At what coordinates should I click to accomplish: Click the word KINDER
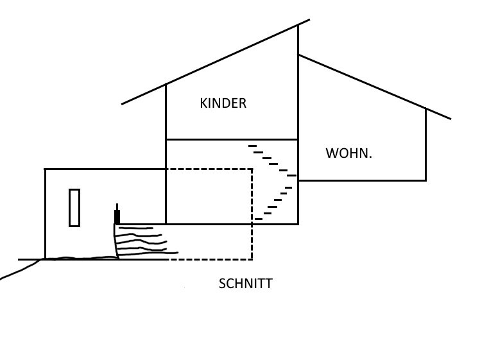tap(223, 103)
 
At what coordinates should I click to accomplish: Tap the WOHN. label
tap(348, 153)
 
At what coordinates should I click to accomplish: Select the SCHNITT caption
tap(245, 284)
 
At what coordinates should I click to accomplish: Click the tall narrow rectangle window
tap(74, 207)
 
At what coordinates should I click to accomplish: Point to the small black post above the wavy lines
tap(117, 216)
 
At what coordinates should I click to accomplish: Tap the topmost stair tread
tap(252, 146)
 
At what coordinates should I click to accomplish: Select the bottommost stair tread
tap(259, 219)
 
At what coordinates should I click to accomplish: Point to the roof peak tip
tap(309, 20)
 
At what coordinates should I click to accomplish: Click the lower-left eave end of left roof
tap(123, 103)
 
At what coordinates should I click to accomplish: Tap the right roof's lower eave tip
tap(450, 118)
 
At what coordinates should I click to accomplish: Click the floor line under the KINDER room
tap(231, 139)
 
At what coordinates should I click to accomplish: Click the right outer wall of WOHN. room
tap(425, 144)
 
